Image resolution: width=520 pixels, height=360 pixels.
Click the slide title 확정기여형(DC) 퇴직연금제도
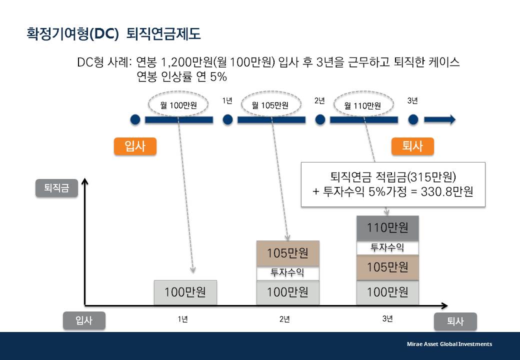tap(113, 33)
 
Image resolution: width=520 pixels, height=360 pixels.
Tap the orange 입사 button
tap(135, 146)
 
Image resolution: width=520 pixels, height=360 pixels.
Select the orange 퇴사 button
tap(412, 146)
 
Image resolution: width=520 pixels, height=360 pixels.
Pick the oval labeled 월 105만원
tap(271, 105)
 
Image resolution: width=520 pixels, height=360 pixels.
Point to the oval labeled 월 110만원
tap(363, 105)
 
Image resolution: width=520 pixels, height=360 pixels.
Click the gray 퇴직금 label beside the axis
tap(56, 189)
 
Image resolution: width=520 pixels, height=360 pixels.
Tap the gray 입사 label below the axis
tap(84, 321)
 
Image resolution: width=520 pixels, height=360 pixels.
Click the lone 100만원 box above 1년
tap(185, 292)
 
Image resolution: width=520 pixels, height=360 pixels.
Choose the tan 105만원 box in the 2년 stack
tap(287, 253)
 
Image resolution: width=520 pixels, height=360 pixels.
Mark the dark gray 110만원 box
tap(387, 228)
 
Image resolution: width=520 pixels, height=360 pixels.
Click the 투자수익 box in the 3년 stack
tap(387, 248)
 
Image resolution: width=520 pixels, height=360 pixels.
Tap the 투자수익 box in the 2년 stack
tap(287, 273)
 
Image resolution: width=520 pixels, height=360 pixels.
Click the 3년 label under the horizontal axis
tap(387, 319)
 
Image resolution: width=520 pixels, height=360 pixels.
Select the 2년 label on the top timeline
tap(319, 101)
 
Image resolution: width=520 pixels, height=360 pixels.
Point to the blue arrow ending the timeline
tap(439, 119)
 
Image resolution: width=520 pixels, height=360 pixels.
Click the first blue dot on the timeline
tap(135, 119)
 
